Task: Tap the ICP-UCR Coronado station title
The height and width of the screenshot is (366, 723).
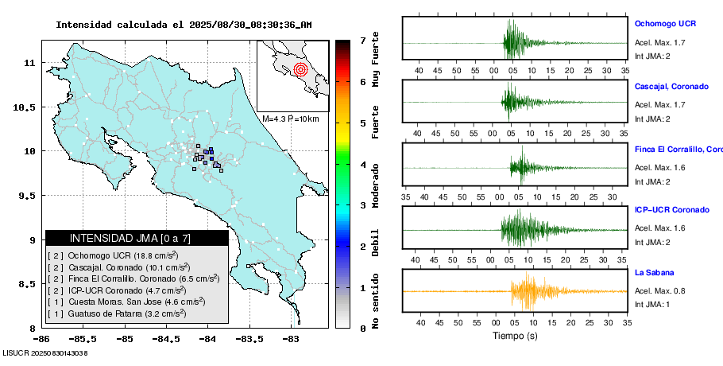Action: tap(671, 210)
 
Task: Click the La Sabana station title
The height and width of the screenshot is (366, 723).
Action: tap(654, 272)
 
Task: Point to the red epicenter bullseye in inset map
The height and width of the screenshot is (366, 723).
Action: tap(300, 69)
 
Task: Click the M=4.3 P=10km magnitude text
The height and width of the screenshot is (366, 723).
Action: tap(290, 119)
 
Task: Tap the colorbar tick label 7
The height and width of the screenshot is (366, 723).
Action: tap(362, 40)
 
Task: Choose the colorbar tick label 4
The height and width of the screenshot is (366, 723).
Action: tap(362, 165)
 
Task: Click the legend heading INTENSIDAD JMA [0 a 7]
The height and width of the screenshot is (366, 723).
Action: tap(130, 238)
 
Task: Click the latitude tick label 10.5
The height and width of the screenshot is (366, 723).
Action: tap(30, 107)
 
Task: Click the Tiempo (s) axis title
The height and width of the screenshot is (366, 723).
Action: tap(515, 336)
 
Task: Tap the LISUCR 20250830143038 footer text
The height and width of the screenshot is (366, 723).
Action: tap(44, 352)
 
